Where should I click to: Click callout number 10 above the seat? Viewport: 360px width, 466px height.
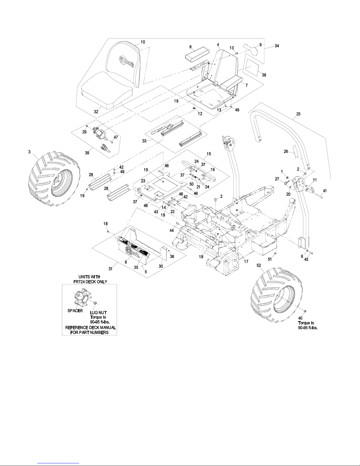[x=143, y=42]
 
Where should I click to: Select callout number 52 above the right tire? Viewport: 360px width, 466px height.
[x=259, y=265]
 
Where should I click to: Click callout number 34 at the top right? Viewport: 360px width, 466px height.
[x=277, y=46]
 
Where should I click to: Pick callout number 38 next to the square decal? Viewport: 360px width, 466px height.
[x=264, y=75]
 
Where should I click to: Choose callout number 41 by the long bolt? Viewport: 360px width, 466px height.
[x=324, y=191]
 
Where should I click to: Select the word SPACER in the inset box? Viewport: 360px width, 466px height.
[x=75, y=311]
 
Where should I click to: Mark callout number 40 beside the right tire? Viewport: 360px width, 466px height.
[x=300, y=318]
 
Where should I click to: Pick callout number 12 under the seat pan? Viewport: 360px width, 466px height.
[x=200, y=114]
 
